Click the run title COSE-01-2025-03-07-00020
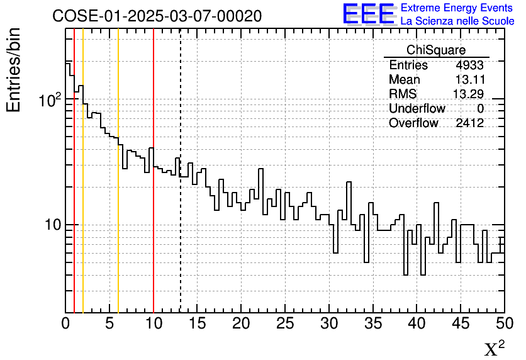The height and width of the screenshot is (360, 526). [157, 16]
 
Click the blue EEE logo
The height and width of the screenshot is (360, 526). [369, 14]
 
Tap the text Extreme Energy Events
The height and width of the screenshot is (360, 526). [457, 8]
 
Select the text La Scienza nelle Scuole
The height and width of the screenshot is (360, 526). [457, 21]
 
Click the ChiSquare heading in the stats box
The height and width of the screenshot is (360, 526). [436, 50]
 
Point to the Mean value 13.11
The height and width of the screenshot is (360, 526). [469, 80]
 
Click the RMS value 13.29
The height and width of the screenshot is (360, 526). [468, 94]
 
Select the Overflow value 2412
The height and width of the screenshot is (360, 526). [469, 123]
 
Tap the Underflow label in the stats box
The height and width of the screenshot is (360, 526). [417, 109]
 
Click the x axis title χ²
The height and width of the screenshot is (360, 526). [494, 348]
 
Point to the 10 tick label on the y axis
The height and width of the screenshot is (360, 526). [52, 225]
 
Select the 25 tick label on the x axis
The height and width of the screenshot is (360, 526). [285, 324]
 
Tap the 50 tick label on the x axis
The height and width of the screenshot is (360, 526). [503, 324]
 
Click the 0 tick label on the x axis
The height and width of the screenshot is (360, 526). [66, 324]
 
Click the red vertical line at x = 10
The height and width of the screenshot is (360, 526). [154, 252]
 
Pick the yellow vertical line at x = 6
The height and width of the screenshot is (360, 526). [118, 252]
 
